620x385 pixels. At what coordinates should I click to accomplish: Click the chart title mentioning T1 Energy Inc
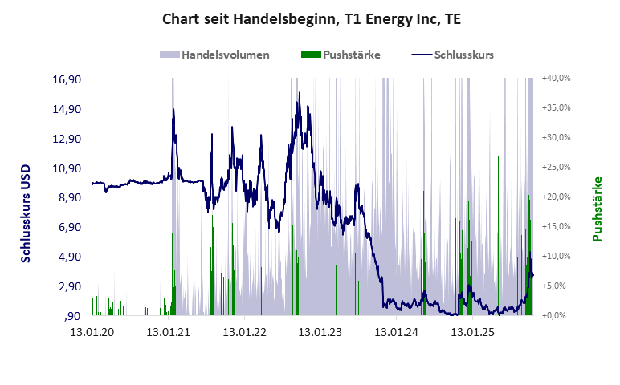pyautogui.click(x=311, y=18)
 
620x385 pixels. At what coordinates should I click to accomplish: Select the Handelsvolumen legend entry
pyautogui.click(x=225, y=55)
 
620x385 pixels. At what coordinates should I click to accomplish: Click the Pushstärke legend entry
pyautogui.click(x=351, y=55)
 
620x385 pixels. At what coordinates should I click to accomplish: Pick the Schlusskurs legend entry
pyautogui.click(x=463, y=55)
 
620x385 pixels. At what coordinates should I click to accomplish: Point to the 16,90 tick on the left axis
pyautogui.click(x=67, y=80)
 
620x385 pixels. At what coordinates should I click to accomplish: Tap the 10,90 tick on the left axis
pyautogui.click(x=67, y=168)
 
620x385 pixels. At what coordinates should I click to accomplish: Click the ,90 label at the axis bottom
pyautogui.click(x=74, y=316)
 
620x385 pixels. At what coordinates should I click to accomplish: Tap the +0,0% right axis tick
pyautogui.click(x=557, y=315)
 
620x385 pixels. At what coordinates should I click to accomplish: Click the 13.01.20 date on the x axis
pyautogui.click(x=92, y=331)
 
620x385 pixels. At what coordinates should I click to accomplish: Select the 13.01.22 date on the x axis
pyautogui.click(x=244, y=331)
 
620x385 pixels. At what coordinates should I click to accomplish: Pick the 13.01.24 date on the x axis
pyautogui.click(x=398, y=331)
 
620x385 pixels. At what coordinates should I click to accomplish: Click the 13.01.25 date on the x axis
pyautogui.click(x=474, y=331)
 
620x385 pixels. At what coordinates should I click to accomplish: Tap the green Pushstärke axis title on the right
pyautogui.click(x=598, y=209)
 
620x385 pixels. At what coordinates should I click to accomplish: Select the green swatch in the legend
pyautogui.click(x=310, y=55)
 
